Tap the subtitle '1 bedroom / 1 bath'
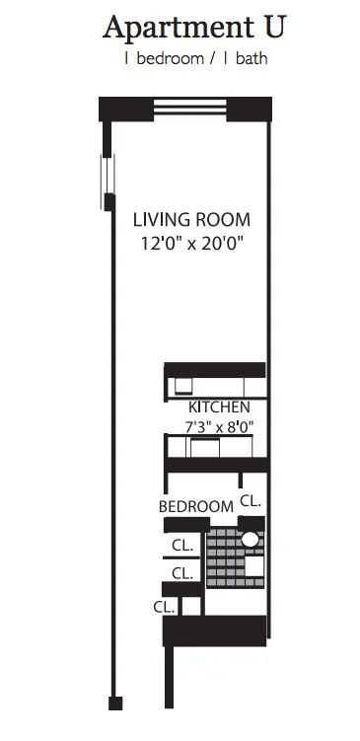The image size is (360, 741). coord(194,59)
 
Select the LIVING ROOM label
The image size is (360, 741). coord(191,219)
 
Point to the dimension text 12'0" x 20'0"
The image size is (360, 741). coord(191,242)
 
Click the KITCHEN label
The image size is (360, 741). coord(219,407)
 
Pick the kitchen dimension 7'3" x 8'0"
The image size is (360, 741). coord(219,426)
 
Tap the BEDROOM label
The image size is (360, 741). coord(196,506)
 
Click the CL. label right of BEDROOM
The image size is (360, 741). coord(251,501)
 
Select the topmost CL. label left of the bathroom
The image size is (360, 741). coord(181,544)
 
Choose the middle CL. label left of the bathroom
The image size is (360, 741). coord(181,572)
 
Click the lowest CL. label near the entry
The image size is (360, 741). coord(164,607)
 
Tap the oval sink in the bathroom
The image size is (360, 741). coord(251,540)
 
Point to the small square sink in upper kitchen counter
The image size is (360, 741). coord(182,385)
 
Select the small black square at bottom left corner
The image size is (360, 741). coord(115,703)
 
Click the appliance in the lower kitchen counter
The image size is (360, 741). coord(204,449)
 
